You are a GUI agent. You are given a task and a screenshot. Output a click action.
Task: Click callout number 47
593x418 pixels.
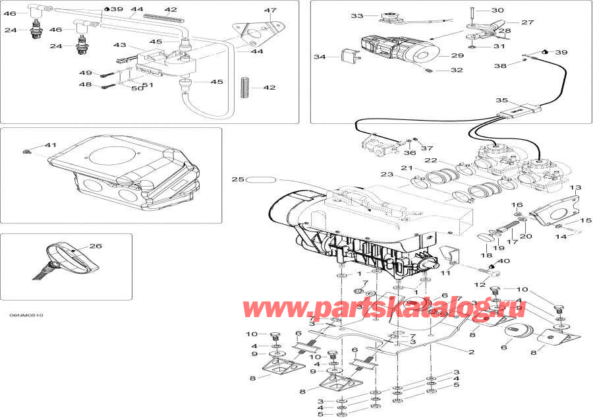tap(252, 11)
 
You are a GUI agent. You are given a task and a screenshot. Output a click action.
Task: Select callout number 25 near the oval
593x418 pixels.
tap(238, 179)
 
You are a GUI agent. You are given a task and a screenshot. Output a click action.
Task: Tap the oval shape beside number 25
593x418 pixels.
tap(263, 179)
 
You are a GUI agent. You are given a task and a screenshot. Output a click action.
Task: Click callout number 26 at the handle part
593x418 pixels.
tap(96, 247)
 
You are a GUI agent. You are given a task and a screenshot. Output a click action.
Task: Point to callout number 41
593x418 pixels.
tap(51, 145)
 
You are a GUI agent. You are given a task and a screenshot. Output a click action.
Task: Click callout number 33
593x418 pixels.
tap(356, 16)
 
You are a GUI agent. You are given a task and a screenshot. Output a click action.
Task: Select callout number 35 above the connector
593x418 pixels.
tap(501, 101)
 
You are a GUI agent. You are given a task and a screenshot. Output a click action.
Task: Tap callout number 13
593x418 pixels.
tap(575, 188)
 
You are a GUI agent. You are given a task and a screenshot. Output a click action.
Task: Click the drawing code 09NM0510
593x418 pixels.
tap(26, 316)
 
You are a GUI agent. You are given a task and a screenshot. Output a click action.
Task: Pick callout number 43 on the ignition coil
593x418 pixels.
tap(119, 45)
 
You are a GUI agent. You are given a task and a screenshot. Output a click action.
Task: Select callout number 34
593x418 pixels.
tap(320, 57)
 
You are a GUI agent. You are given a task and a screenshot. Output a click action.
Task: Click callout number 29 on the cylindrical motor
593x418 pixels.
tap(457, 57)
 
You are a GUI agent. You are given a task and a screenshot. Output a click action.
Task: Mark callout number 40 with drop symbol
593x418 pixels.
tap(505, 261)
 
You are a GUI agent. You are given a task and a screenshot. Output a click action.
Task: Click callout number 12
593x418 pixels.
tap(479, 285)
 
